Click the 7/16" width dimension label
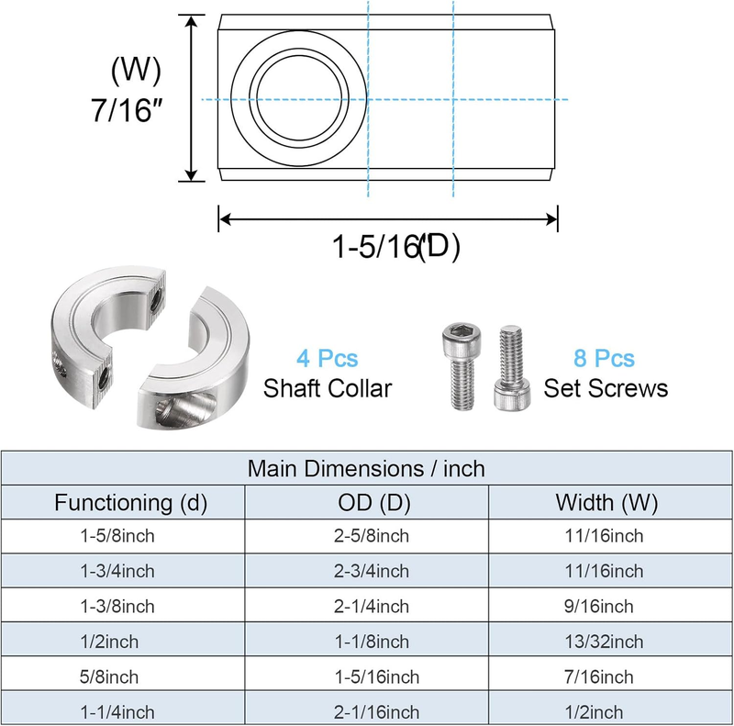[x=127, y=110]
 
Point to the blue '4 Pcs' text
[x=328, y=358]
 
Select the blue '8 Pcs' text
[x=605, y=358]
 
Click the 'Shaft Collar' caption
[x=328, y=388]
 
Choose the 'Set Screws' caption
[x=606, y=388]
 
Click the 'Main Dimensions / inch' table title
[x=366, y=468]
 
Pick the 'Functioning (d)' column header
[x=130, y=503]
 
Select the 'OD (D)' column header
[x=374, y=503]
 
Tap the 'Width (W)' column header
[x=606, y=503]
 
